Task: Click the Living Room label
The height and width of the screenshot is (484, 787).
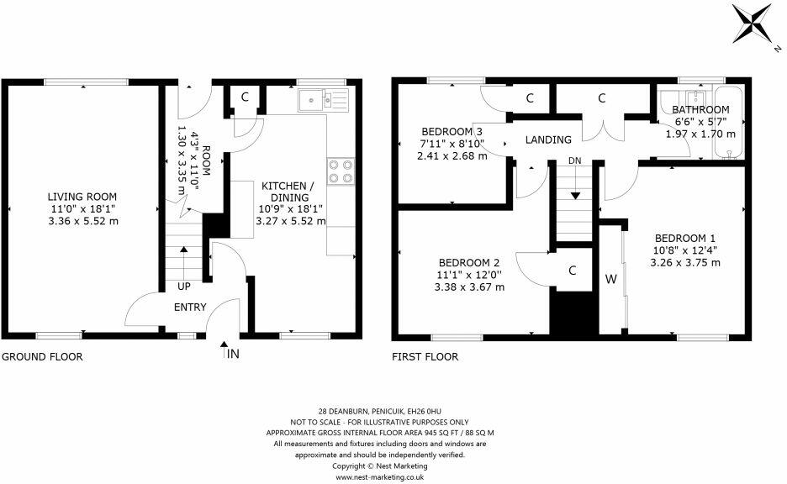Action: [x=82, y=197]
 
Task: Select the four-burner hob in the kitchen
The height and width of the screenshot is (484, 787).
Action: [x=341, y=171]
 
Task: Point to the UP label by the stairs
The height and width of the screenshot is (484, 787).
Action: [x=183, y=287]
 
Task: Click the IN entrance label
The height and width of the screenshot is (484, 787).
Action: [x=233, y=354]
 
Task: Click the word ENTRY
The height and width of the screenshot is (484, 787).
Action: [x=190, y=307]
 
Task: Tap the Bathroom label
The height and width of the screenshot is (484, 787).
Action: [x=700, y=109]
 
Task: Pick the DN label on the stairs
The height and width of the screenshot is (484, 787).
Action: [x=574, y=161]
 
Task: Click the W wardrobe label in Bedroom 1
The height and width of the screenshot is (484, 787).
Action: [x=610, y=279]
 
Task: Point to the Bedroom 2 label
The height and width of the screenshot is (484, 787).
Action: [x=469, y=263]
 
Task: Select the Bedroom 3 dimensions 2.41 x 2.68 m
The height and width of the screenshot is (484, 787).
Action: [x=452, y=156]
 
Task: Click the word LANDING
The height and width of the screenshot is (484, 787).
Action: [x=548, y=140]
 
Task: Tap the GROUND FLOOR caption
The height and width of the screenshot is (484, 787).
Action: [x=42, y=356]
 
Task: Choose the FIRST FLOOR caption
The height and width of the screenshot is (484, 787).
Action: [x=425, y=356]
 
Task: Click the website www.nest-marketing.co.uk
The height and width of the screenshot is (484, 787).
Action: [x=380, y=477]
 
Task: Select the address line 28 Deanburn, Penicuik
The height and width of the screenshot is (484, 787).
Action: [x=380, y=411]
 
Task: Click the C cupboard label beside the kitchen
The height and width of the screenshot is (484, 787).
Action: [x=245, y=97]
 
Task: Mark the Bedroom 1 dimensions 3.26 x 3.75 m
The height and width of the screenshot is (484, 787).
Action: [x=685, y=263]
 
